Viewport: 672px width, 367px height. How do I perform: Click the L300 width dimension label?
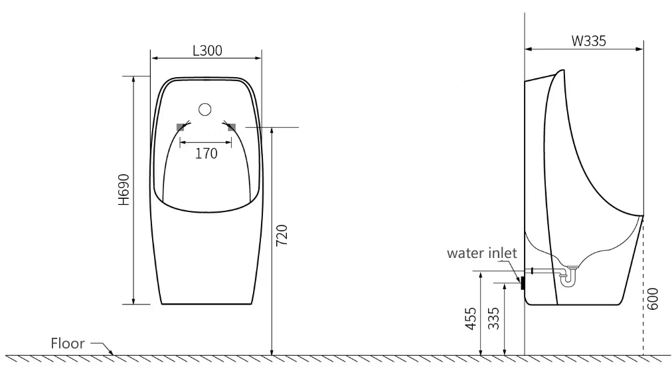[207, 51]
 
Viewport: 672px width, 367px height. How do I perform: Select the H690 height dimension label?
[124, 189]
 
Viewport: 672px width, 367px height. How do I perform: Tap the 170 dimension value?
[206, 153]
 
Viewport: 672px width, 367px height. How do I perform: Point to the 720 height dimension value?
[282, 235]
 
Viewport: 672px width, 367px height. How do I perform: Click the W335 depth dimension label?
[589, 41]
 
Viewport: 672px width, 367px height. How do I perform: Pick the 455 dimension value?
[471, 318]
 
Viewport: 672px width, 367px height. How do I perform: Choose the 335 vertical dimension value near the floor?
[494, 318]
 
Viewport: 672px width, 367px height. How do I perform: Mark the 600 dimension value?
[652, 299]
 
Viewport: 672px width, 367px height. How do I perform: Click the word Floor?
[68, 343]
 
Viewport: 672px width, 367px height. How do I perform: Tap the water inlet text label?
[481, 253]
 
